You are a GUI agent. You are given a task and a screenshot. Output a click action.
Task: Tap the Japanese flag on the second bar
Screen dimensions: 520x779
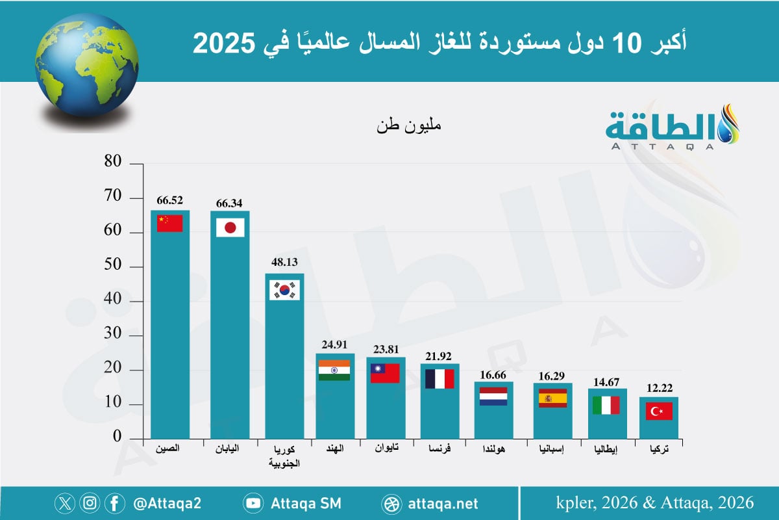[230, 227]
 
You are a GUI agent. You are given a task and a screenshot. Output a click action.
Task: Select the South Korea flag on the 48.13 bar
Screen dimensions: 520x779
[284, 290]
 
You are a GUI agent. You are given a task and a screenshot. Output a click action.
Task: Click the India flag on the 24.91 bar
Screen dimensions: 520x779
[334, 370]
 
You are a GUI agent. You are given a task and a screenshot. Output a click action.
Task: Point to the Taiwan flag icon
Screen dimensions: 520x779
[385, 372]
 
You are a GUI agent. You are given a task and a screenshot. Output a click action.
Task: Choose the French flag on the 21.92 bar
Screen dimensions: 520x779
[439, 378]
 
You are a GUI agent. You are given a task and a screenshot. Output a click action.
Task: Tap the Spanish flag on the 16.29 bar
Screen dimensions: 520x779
[552, 398]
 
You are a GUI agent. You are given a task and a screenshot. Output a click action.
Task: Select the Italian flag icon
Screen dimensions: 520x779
[606, 406]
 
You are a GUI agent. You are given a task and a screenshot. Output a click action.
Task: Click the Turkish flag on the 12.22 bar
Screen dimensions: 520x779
[660, 411]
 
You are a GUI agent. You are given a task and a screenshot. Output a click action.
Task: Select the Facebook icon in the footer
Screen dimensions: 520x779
[114, 503]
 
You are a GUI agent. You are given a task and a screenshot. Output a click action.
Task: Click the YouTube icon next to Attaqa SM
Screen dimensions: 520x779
[253, 503]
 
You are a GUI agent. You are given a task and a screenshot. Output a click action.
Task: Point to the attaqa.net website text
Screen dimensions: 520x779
[444, 503]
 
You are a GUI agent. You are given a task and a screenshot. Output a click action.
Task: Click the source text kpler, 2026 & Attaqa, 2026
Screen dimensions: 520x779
[655, 502]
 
